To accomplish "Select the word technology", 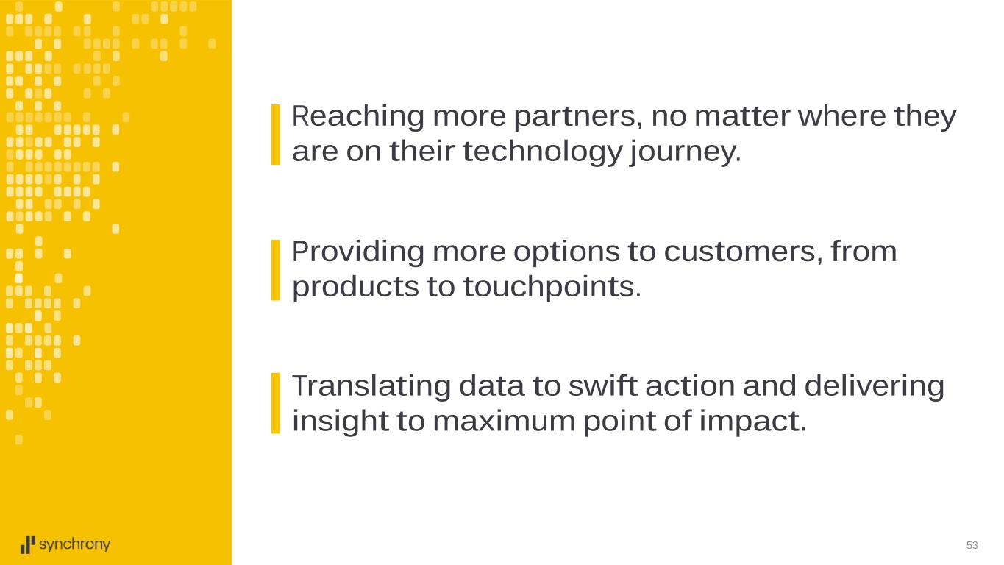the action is (542, 152).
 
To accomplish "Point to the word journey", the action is (685, 152).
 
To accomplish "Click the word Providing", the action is (357, 253).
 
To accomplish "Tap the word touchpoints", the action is (552, 288).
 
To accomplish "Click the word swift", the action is (602, 385).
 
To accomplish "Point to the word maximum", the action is (504, 422).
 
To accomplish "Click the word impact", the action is (752, 422).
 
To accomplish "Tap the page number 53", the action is (972, 545).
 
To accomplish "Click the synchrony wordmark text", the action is (74, 545).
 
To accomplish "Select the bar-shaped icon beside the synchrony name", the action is (28, 544).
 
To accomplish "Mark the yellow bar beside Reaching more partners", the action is (276, 135).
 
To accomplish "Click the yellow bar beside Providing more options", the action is (276, 270).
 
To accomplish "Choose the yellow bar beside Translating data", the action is (276, 403).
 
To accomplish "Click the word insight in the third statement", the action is (341, 422).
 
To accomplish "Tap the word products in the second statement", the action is (355, 288).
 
